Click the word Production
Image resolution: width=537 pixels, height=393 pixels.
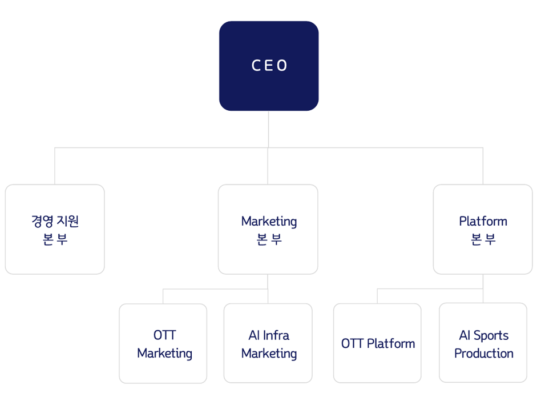click(483, 354)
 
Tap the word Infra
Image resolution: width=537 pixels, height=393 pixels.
click(276, 335)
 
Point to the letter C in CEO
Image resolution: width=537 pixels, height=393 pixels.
click(256, 66)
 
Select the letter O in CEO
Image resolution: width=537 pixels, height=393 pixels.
click(282, 66)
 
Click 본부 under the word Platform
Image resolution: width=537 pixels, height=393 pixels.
click(483, 239)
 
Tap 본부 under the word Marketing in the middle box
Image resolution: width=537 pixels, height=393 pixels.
click(269, 239)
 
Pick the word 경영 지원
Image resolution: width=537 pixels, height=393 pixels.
click(55, 220)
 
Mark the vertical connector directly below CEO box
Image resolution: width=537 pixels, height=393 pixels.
click(268, 129)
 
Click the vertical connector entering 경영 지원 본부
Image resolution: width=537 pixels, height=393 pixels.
click(55, 166)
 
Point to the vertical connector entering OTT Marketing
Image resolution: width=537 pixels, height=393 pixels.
click(163, 296)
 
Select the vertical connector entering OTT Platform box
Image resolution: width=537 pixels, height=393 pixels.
click(377, 296)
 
